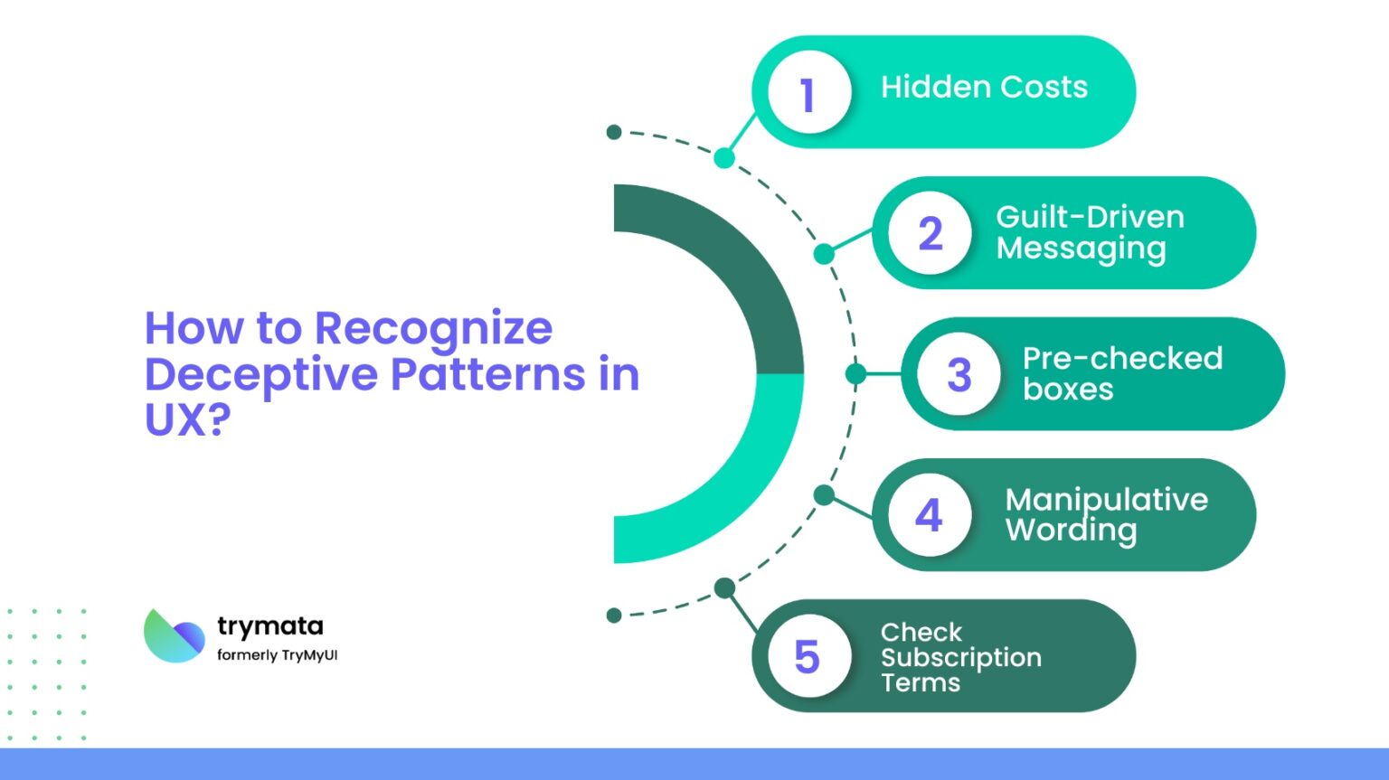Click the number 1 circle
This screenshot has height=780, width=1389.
point(808,92)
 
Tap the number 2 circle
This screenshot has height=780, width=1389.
point(929,233)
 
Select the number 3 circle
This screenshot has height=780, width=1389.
point(959,374)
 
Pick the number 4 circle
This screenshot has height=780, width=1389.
point(929,515)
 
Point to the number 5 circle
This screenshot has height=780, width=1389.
point(808,656)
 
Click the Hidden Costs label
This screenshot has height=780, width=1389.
point(984,88)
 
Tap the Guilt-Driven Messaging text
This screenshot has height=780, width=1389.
point(1089,232)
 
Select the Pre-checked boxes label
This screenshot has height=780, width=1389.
point(1121,373)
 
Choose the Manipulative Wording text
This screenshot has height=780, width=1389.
point(1105,514)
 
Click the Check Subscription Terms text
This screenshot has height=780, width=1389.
point(960,657)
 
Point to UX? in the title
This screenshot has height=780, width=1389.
point(187,419)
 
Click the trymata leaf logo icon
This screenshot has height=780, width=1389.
point(175,636)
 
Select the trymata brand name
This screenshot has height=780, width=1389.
point(269,625)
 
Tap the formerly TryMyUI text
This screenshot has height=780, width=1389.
point(277,655)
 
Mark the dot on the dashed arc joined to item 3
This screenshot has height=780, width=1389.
point(855,373)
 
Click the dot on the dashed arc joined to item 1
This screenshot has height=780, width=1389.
point(724,158)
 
